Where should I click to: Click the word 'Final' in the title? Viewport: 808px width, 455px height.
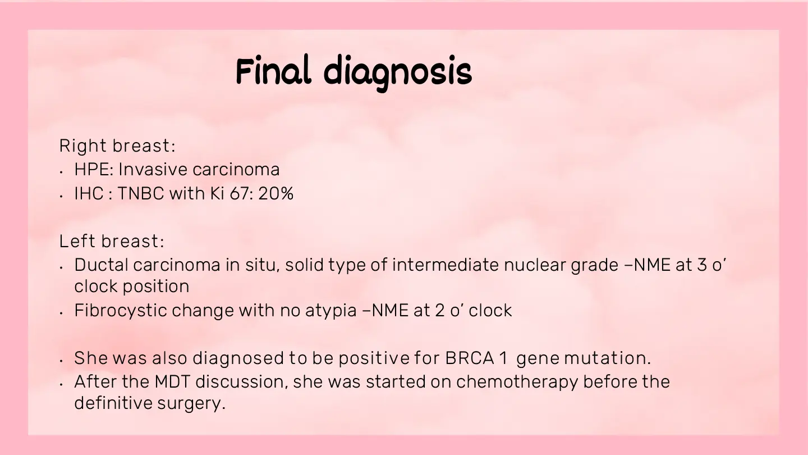(273, 70)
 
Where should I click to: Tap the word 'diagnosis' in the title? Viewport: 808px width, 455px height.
(398, 73)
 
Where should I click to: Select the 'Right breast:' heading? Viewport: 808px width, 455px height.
(117, 146)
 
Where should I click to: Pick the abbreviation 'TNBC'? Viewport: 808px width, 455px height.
(141, 193)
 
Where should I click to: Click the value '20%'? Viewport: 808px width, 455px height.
(276, 193)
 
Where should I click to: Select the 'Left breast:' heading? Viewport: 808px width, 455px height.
(112, 241)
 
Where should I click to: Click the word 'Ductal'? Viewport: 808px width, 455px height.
(102, 265)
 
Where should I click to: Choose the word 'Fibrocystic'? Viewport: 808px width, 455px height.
(121, 311)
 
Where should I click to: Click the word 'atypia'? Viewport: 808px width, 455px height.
(331, 311)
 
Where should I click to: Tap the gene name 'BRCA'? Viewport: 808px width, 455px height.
(470, 358)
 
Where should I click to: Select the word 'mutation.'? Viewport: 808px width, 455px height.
(608, 358)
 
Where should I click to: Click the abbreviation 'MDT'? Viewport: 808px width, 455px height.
(172, 382)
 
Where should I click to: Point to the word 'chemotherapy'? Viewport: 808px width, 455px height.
(517, 383)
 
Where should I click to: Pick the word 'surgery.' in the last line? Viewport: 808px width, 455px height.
(191, 404)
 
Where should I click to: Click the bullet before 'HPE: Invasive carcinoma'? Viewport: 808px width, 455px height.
(61, 172)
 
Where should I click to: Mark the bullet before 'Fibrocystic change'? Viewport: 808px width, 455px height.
(61, 313)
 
